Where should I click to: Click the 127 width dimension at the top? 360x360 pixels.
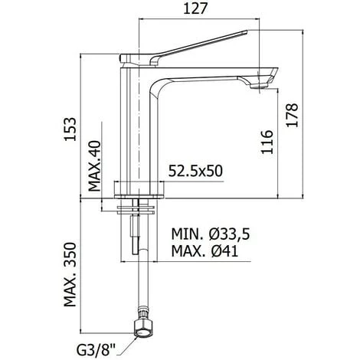pyautogui.click(x=195, y=9)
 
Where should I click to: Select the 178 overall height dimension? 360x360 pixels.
pyautogui.click(x=292, y=115)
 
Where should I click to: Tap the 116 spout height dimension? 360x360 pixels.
pyautogui.click(x=267, y=142)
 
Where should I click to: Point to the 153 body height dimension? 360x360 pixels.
pyautogui.click(x=70, y=129)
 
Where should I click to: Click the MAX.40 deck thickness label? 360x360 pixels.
pyautogui.click(x=95, y=166)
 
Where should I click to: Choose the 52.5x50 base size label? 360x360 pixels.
pyautogui.click(x=195, y=171)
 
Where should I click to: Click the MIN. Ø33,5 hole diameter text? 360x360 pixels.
pyautogui.click(x=210, y=234)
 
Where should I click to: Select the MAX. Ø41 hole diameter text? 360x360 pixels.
pyautogui.click(x=205, y=250)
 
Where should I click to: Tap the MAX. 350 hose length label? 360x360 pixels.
pyautogui.click(x=70, y=274)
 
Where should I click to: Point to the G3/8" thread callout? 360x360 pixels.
pyautogui.click(x=97, y=350)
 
